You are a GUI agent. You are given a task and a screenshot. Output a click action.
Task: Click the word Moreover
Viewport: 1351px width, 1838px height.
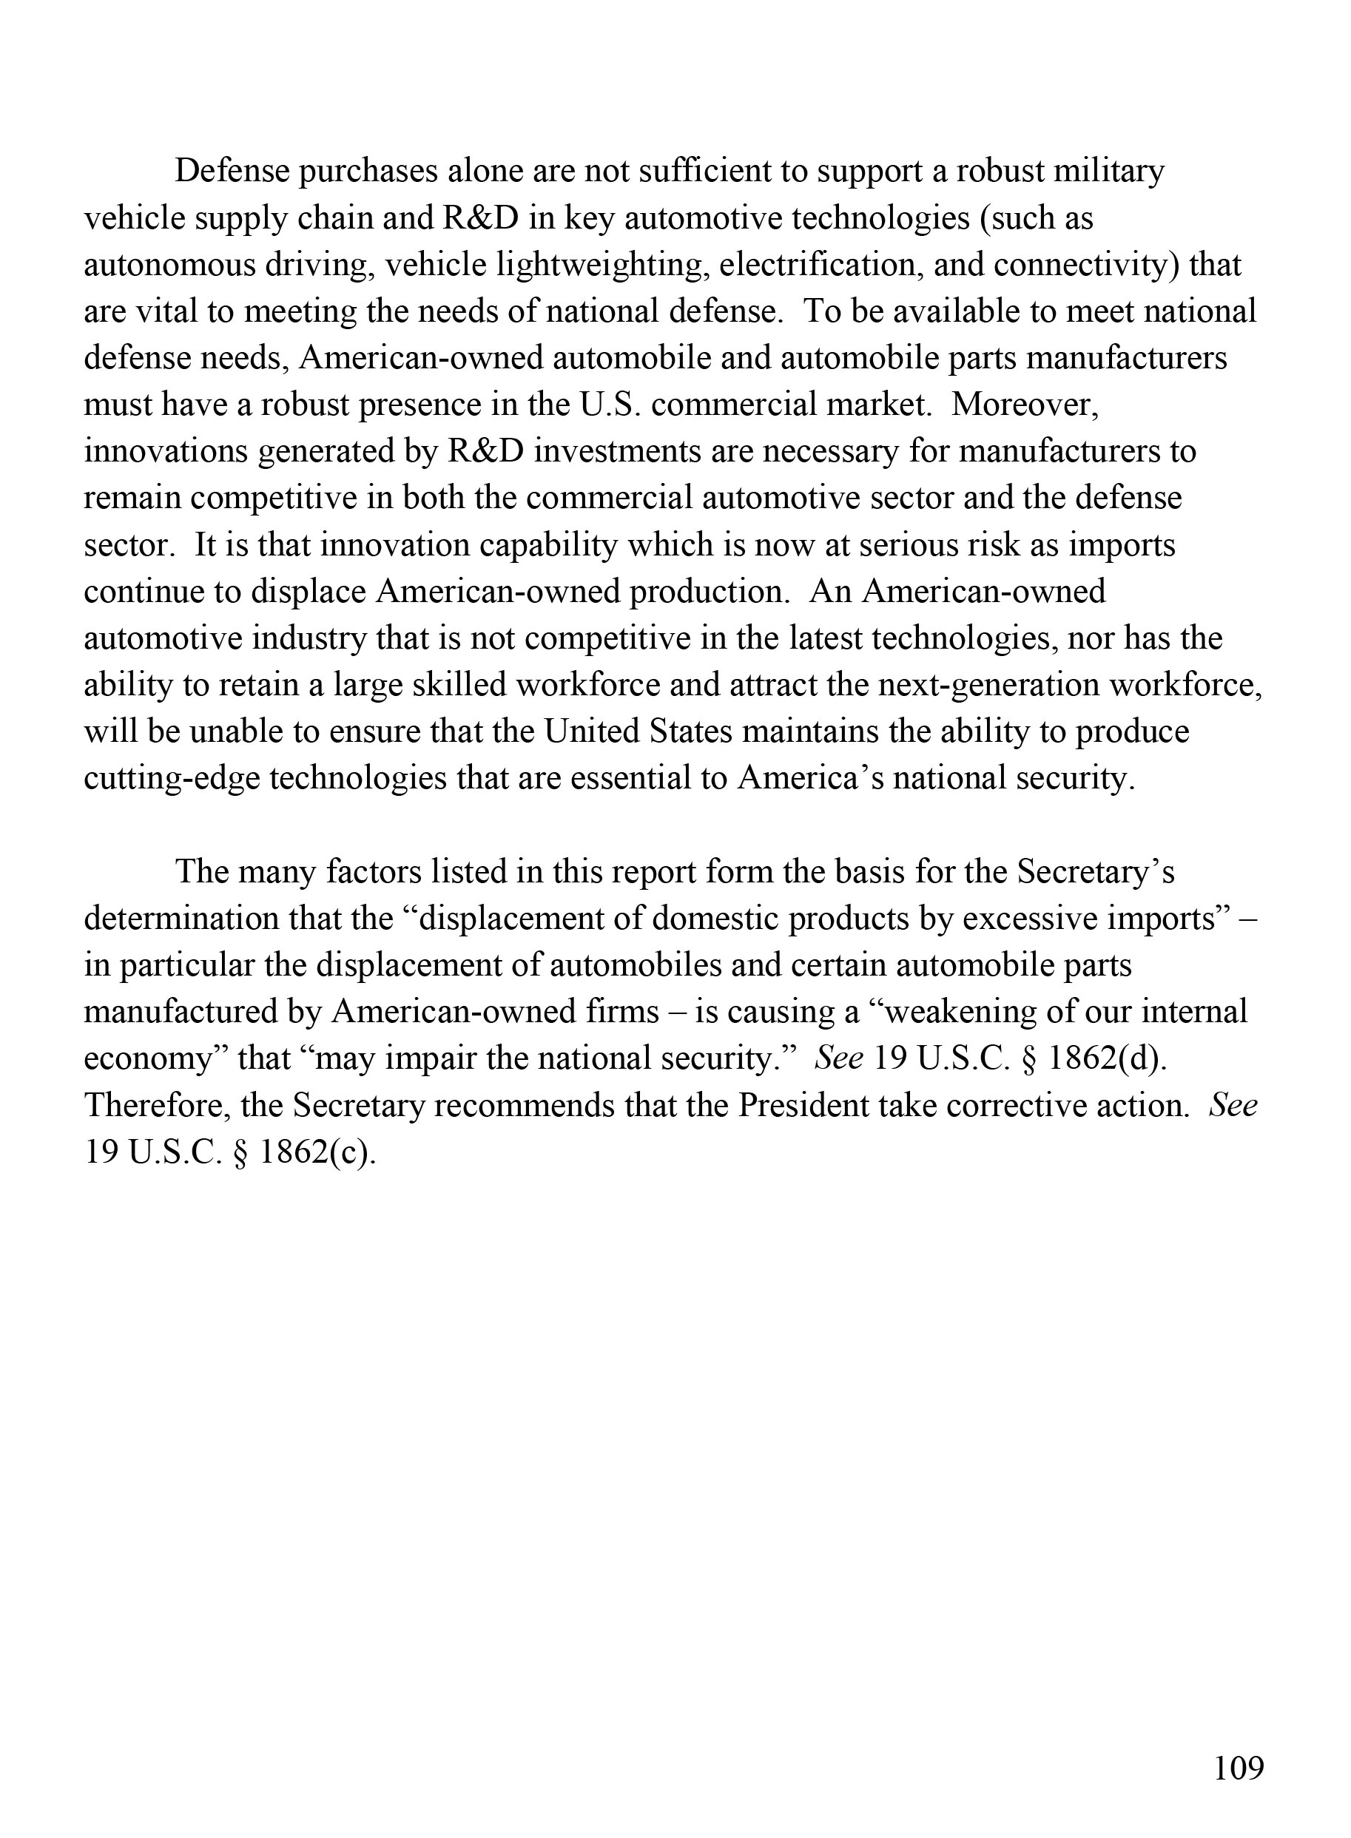(x=1025, y=405)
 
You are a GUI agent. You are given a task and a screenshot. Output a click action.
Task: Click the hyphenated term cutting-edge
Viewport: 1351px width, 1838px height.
(x=172, y=777)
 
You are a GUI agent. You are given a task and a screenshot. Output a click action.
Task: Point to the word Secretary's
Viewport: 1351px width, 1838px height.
(x=1096, y=871)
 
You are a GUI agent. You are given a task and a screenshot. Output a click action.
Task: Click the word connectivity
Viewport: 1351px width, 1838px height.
(x=1086, y=265)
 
